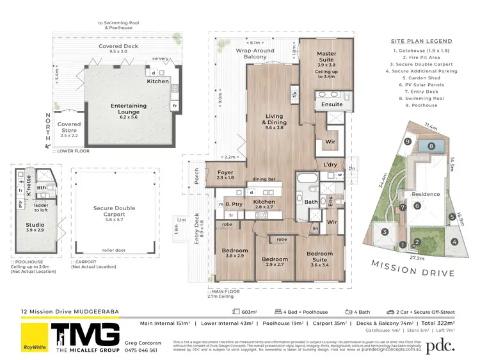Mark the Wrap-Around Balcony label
(x=255, y=54)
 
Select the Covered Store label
(x=69, y=127)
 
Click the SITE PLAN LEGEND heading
(x=421, y=41)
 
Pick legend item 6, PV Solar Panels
(x=424, y=84)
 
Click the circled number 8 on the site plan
(x=431, y=147)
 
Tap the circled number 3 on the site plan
(x=385, y=232)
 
